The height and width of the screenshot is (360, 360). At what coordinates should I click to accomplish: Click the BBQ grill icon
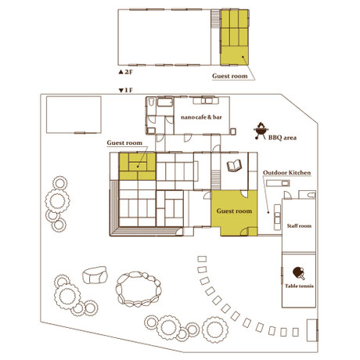261,131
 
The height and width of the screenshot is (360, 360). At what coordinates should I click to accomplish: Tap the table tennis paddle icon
299,273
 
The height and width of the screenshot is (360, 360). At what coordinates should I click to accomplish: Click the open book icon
234,166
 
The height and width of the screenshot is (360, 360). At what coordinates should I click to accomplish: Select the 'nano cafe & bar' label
201,117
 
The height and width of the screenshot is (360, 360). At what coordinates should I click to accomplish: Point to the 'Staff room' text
299,225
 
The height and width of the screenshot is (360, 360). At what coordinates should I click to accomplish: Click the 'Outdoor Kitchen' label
286,173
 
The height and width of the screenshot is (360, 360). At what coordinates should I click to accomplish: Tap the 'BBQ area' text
283,138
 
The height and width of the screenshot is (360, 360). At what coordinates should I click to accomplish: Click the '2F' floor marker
126,72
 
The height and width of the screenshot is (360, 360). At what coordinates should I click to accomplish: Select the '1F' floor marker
126,90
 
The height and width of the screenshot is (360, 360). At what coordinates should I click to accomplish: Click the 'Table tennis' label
299,286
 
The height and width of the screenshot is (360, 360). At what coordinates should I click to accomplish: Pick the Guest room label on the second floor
230,76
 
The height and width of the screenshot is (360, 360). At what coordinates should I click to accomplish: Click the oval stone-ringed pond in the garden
139,289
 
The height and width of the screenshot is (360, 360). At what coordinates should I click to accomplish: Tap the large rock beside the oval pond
95,275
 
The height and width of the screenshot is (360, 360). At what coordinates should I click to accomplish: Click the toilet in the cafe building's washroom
151,102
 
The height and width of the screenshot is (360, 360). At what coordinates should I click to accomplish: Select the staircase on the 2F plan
215,19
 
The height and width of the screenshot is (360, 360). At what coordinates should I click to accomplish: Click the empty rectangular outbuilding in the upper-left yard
74,115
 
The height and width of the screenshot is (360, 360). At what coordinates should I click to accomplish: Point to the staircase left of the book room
215,180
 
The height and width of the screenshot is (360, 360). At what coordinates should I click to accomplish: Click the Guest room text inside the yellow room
234,211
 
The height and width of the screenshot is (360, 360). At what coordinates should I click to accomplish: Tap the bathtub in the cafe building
165,103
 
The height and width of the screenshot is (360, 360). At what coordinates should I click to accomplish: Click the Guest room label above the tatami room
124,143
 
